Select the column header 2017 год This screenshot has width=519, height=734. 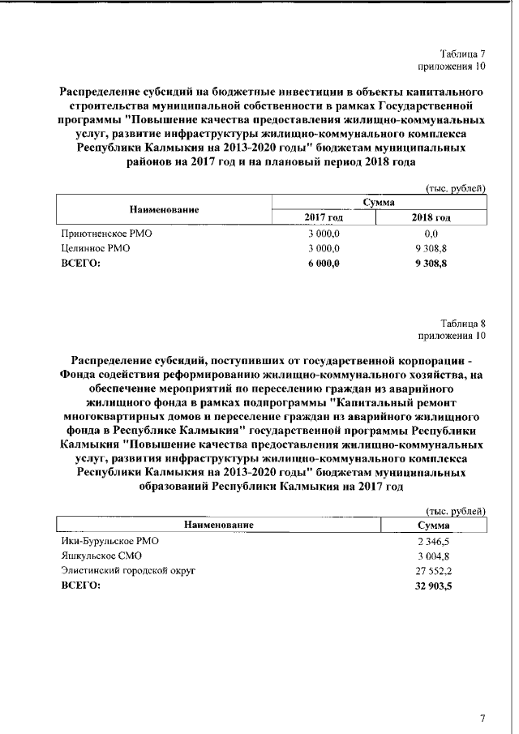coord(324,217)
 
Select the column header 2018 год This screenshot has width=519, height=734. coord(431,217)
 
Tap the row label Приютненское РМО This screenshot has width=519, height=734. coord(107,234)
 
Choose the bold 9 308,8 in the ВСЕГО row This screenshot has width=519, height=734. coord(431,263)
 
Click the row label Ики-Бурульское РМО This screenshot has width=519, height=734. coord(109,540)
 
